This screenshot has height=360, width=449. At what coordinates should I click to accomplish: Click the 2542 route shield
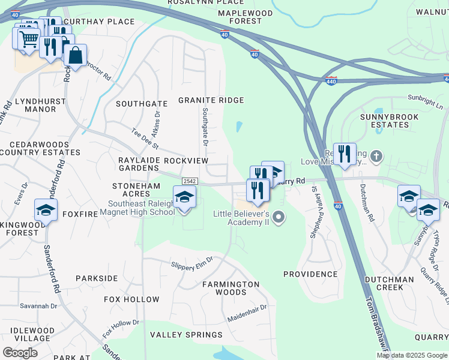190,181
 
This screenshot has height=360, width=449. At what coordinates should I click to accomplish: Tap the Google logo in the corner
20,353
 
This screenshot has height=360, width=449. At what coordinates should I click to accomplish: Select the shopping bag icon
76,56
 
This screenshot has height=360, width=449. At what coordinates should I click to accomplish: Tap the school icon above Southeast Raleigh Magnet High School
184,197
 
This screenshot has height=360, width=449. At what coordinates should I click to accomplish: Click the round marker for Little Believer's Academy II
278,216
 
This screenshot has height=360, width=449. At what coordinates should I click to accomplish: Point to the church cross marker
376,157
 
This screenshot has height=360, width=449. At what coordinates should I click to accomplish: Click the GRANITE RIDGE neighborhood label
211,100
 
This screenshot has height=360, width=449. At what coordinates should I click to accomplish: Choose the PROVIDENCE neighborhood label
310,274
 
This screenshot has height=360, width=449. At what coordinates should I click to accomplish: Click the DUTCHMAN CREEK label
388,283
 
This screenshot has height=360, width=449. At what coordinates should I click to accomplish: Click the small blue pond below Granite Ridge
240,127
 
